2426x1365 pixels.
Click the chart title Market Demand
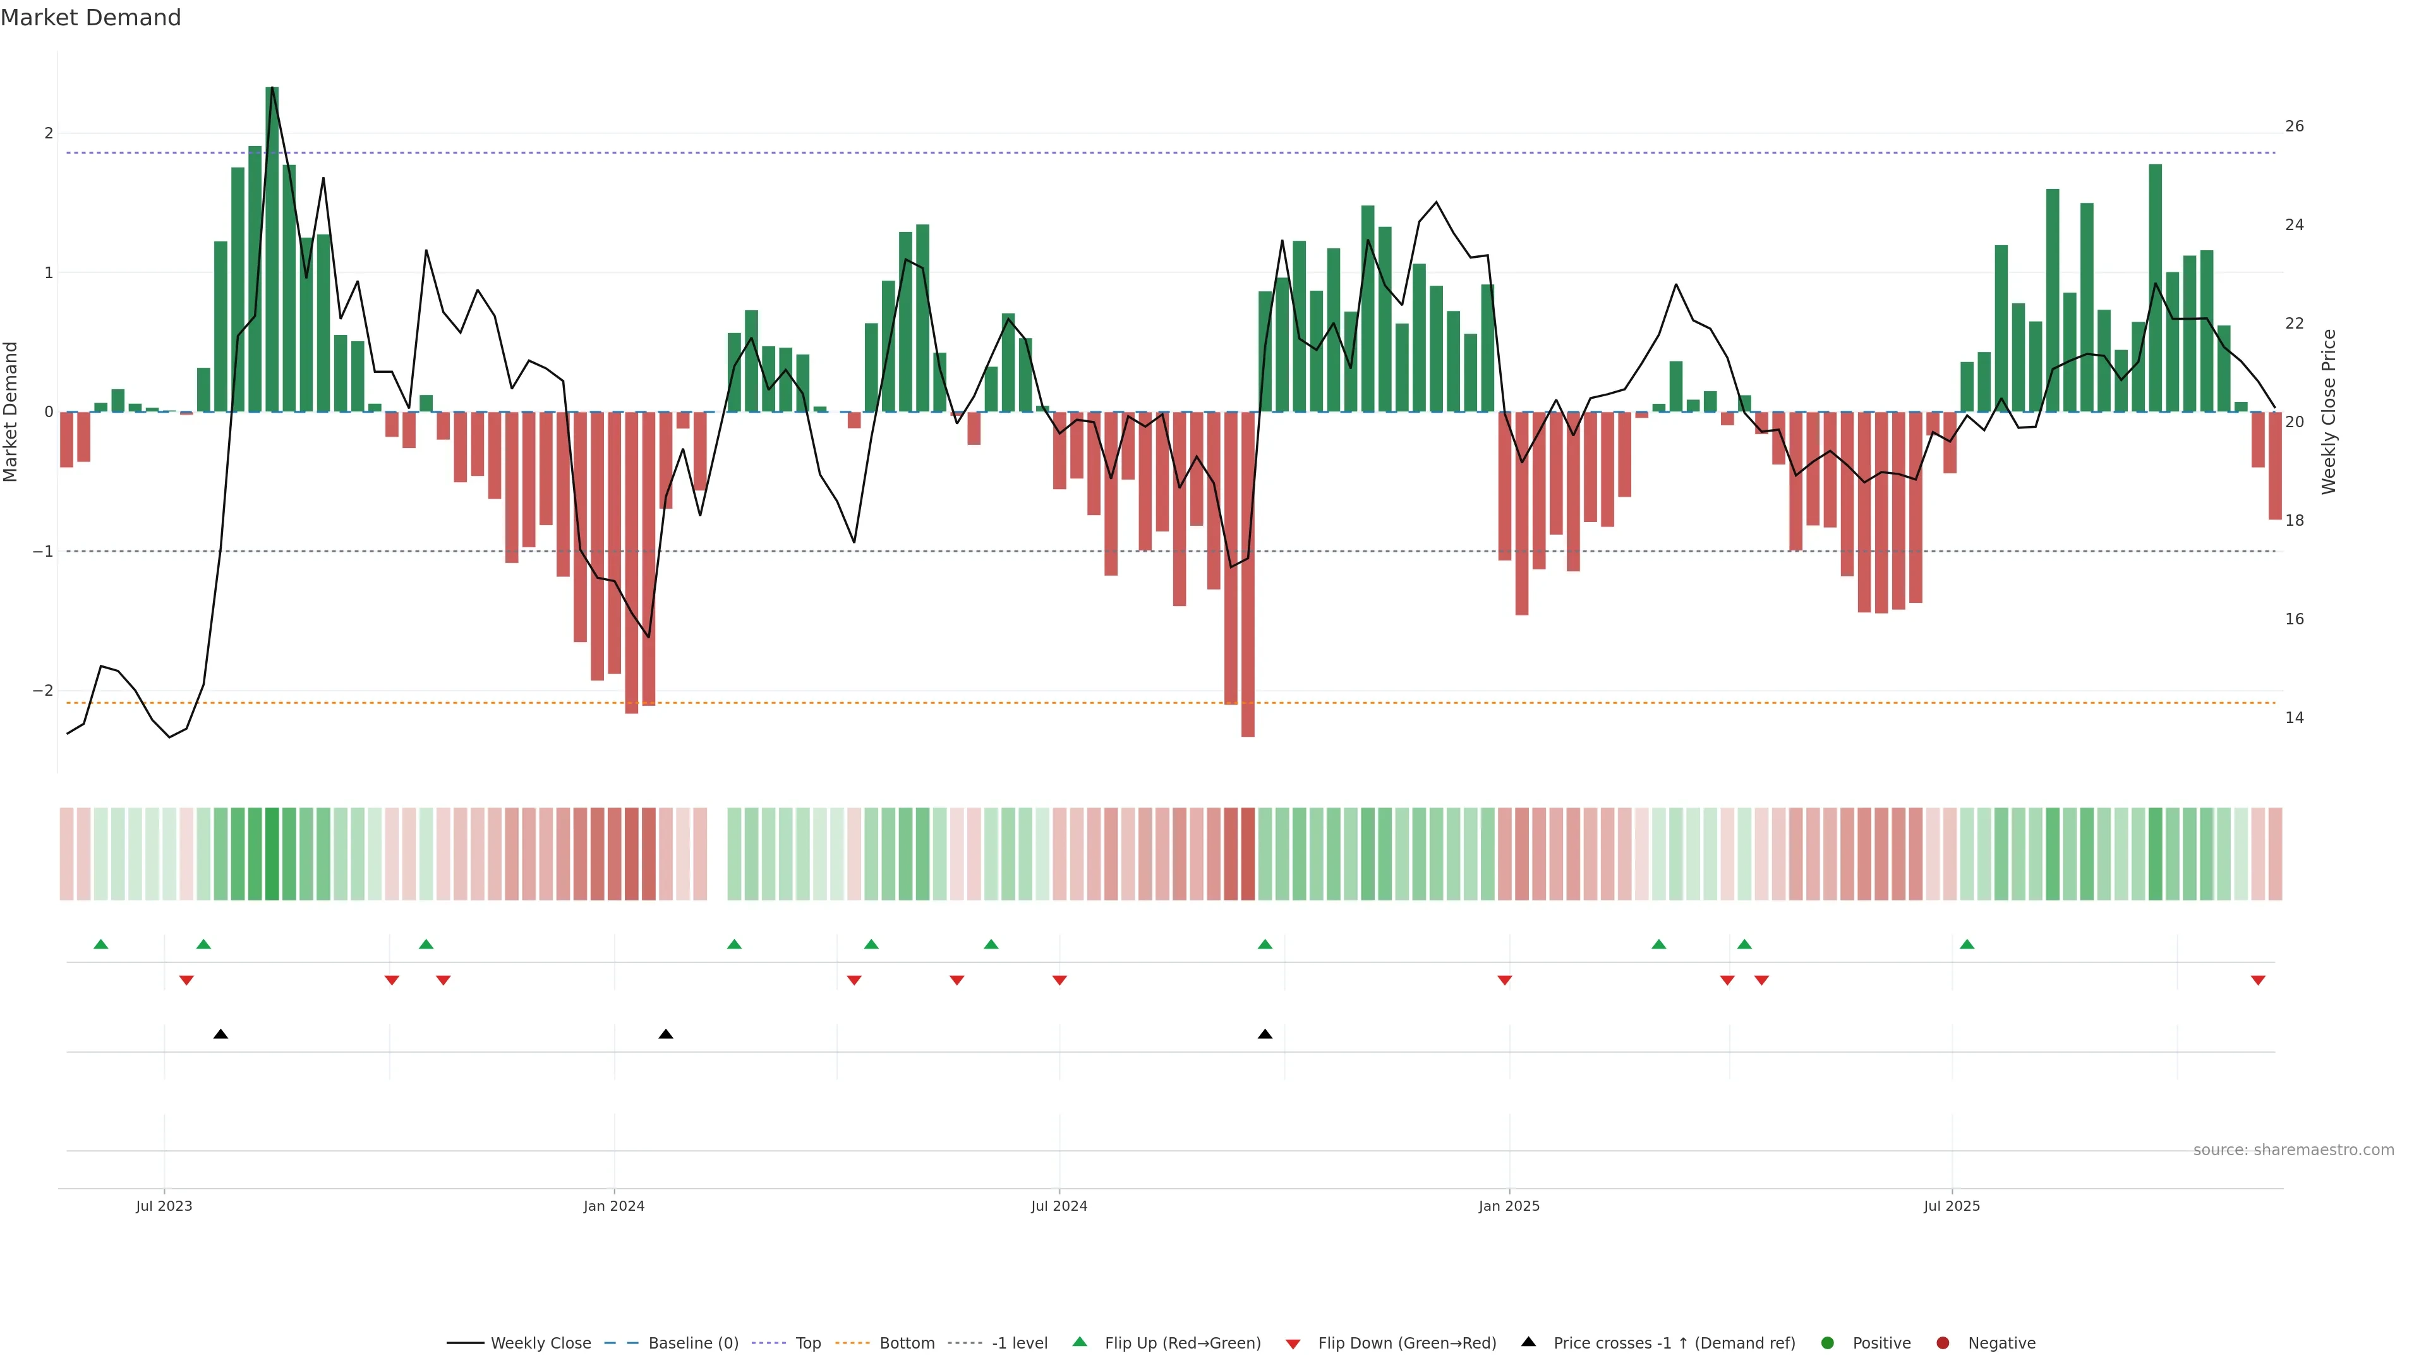pyautogui.click(x=90, y=18)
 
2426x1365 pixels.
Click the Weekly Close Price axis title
pyautogui.click(x=2328, y=411)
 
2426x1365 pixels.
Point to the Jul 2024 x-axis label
pyautogui.click(x=1059, y=1206)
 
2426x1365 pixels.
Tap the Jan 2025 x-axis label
pyautogui.click(x=1509, y=1206)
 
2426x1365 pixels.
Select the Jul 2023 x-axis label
pyautogui.click(x=164, y=1206)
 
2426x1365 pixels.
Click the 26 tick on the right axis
pyautogui.click(x=2294, y=126)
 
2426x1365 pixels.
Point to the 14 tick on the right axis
pyautogui.click(x=2294, y=718)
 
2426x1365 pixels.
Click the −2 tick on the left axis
pyautogui.click(x=42, y=691)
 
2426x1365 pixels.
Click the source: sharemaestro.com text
pyautogui.click(x=2293, y=1150)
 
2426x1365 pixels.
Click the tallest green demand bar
pyautogui.click(x=272, y=250)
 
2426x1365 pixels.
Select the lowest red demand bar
pyautogui.click(x=1248, y=574)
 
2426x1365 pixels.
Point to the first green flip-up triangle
pyautogui.click(x=101, y=944)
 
